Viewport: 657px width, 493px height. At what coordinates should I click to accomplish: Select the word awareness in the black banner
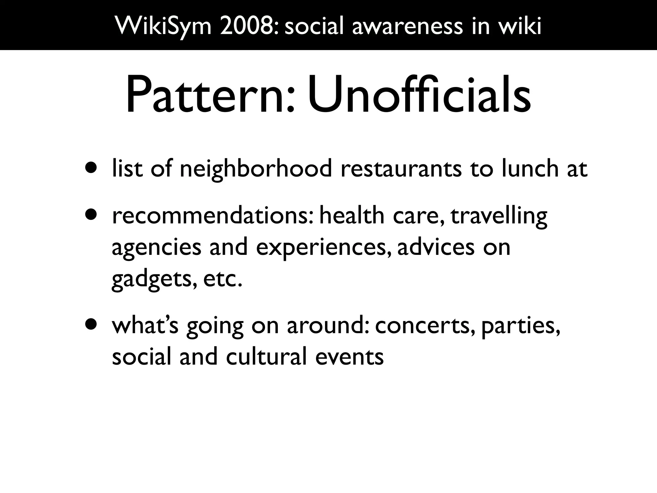coord(407,26)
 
